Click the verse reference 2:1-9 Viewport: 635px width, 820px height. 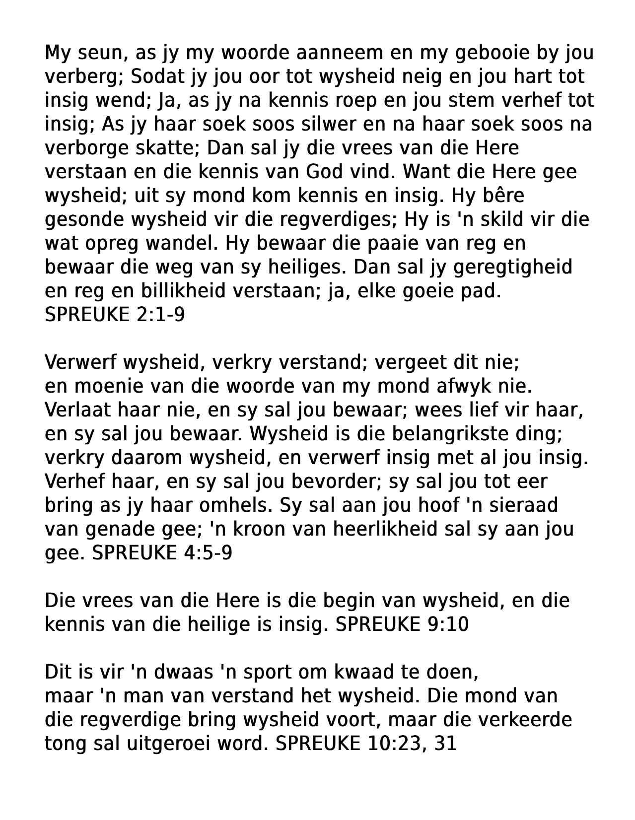pyautogui.click(x=160, y=315)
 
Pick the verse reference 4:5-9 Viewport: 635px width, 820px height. pyautogui.click(x=208, y=553)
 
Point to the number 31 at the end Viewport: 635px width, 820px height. pyautogui.click(x=445, y=744)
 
